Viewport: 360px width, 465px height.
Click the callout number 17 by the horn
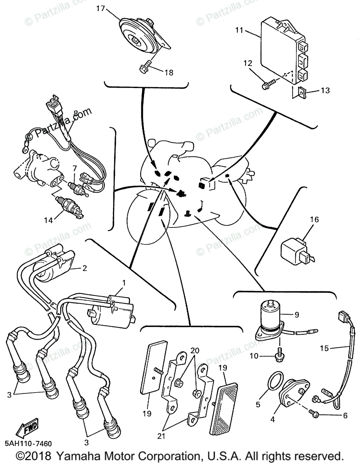[x=100, y=9]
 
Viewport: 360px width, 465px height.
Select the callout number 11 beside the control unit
[x=239, y=30]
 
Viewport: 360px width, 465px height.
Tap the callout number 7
[x=75, y=168]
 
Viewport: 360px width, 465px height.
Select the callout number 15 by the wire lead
[x=324, y=348]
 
